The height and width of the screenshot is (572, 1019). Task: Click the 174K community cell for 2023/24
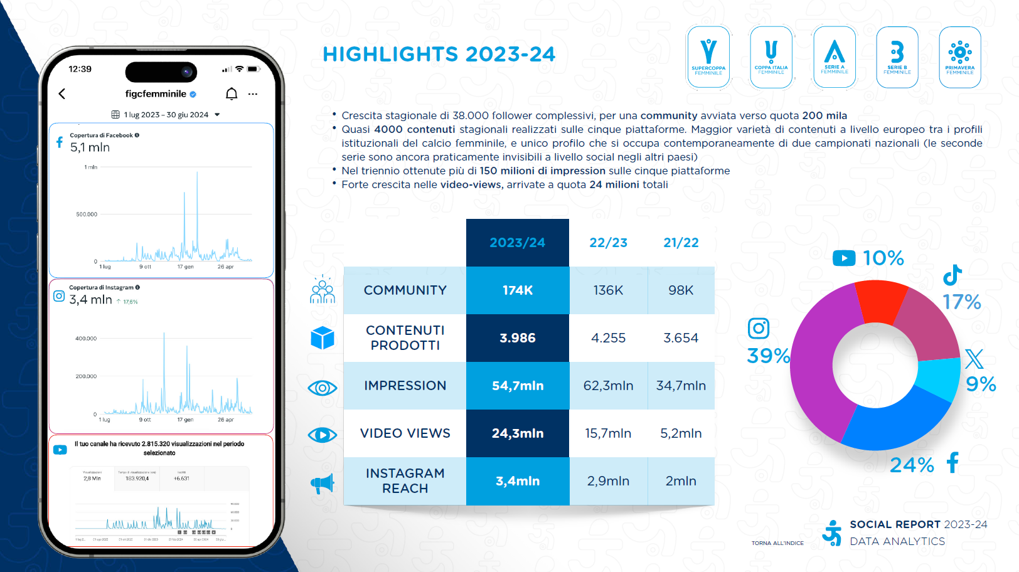tap(518, 290)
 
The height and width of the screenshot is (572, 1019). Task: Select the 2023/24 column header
tap(518, 243)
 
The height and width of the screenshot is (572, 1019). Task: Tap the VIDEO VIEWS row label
tap(405, 433)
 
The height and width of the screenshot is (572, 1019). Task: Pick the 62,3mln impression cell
tap(608, 386)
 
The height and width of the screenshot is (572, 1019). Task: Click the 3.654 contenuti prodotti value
tap(681, 338)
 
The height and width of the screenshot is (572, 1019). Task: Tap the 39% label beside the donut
tap(768, 356)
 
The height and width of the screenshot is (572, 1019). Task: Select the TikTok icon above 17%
tap(952, 275)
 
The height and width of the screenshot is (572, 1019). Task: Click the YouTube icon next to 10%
tap(844, 258)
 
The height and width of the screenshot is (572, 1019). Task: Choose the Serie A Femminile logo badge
tap(834, 57)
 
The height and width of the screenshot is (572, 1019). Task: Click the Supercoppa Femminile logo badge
tap(708, 57)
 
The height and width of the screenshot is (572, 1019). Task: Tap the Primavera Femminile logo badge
tap(959, 57)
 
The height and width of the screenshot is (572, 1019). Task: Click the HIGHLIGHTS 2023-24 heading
tap(439, 55)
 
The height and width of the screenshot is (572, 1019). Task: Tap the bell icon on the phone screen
tap(232, 94)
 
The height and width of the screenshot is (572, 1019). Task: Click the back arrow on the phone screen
tap(62, 94)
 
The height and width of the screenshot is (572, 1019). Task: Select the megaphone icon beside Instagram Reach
tap(323, 483)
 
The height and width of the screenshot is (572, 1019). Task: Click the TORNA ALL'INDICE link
tap(777, 543)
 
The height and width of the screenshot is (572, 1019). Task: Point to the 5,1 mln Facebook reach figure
tap(90, 147)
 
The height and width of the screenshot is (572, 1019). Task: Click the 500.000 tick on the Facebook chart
tap(87, 214)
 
